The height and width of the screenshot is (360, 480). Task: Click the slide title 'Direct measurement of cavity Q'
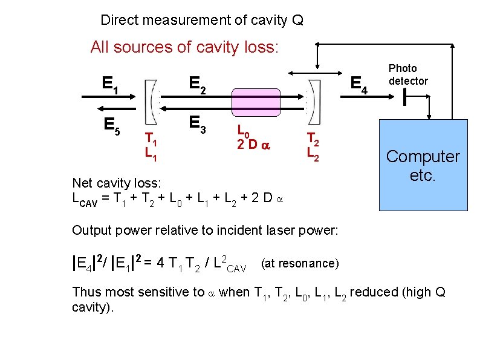pos(202,21)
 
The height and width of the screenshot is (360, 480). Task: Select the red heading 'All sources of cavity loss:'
pos(184,47)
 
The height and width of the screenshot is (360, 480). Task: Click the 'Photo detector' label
pos(407,75)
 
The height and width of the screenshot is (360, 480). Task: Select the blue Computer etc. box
pos(423,165)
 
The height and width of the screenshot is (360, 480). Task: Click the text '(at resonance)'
pos(300,263)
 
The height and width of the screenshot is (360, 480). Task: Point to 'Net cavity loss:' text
pos(115,183)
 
